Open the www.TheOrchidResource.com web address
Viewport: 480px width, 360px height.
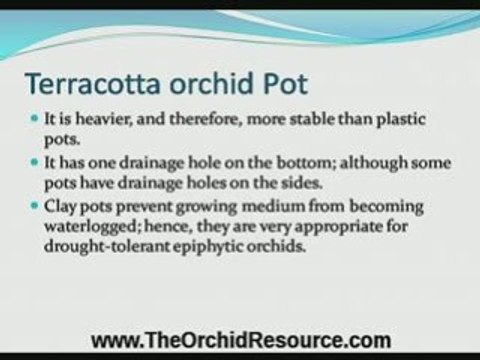(x=241, y=339)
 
